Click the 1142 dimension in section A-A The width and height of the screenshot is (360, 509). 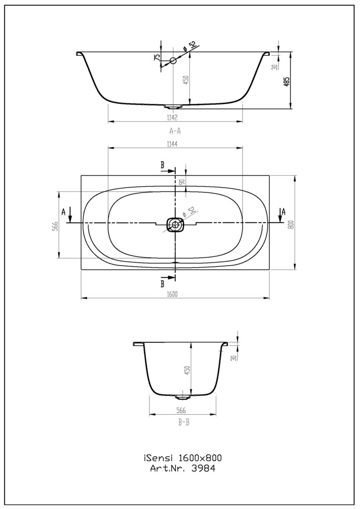click(x=172, y=117)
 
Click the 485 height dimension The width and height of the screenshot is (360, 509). click(x=286, y=81)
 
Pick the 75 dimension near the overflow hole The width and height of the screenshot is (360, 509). click(x=157, y=57)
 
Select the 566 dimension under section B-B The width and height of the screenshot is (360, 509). click(x=181, y=410)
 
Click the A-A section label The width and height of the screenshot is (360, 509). click(x=175, y=131)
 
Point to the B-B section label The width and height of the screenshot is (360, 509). click(x=183, y=423)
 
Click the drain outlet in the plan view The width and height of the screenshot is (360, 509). click(x=175, y=224)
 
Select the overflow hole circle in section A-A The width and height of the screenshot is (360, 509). click(x=173, y=60)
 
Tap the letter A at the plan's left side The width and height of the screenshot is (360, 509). click(x=64, y=212)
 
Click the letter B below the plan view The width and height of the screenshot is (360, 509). click(x=162, y=284)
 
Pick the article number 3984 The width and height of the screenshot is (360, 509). click(x=204, y=468)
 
